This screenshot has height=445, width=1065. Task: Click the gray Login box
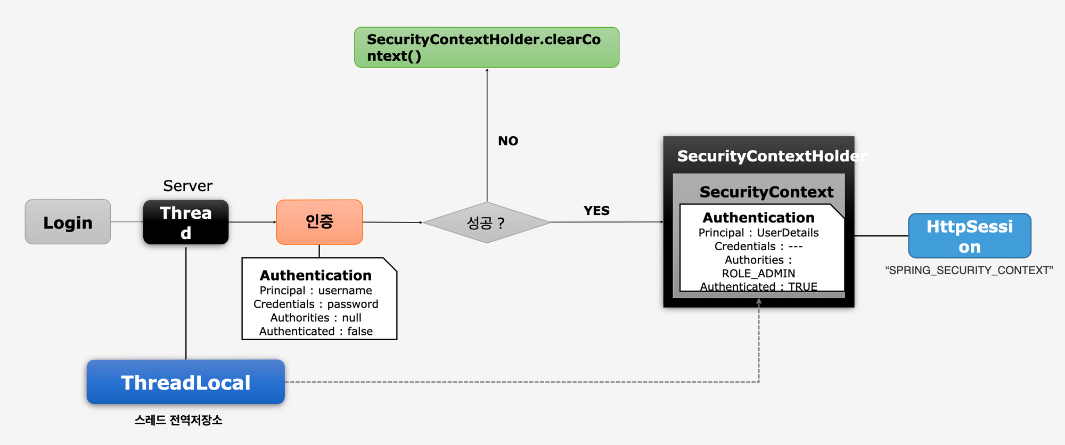pos(68,222)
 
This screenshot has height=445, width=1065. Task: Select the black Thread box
pos(185,222)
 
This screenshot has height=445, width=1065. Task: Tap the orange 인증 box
pos(319,222)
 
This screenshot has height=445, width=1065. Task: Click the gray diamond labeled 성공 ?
pos(486,222)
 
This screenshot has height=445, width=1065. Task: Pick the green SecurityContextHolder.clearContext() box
pos(486,47)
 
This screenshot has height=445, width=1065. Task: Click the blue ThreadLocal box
pos(185,382)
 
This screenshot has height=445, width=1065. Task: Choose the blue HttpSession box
pos(969,236)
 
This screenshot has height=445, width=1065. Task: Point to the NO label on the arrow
pos(507,141)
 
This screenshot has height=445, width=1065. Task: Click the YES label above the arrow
pos(596,211)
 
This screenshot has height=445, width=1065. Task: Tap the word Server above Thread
pos(187,186)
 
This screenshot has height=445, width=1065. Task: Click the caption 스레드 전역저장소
pos(178,420)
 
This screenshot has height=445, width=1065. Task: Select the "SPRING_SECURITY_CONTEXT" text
pos(969,270)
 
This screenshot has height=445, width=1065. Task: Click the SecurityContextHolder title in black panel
pos(771,156)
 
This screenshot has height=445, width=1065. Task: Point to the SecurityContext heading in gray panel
pos(766,192)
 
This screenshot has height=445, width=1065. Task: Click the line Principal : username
pos(315,291)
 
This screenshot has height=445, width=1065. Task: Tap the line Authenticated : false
pos(315,331)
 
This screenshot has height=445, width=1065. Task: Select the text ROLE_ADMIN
pos(758,274)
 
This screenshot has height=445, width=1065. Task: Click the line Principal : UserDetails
pos(758,233)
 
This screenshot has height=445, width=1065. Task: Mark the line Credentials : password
pos(315,304)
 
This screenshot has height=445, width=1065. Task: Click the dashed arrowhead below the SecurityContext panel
pos(758,301)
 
